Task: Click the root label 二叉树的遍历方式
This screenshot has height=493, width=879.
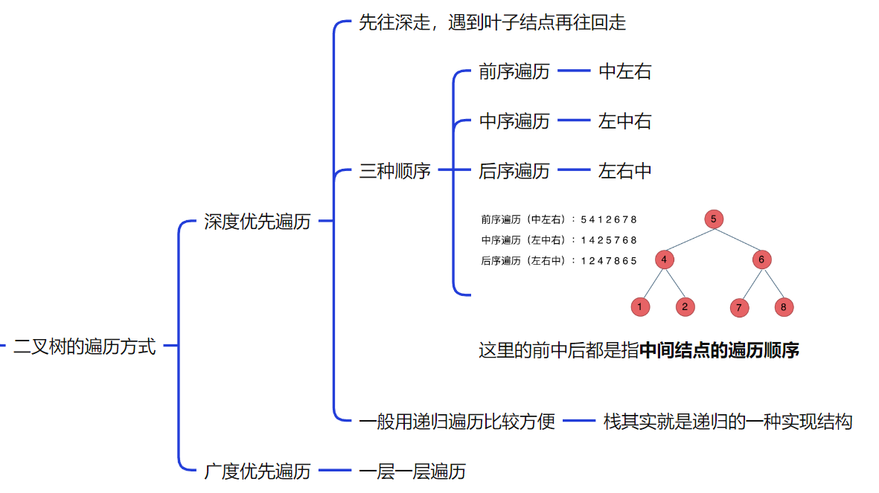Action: click(x=85, y=346)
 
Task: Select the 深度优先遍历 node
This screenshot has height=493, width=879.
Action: click(x=258, y=222)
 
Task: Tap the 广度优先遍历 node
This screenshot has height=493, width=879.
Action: click(x=258, y=471)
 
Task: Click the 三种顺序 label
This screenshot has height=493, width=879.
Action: click(x=395, y=171)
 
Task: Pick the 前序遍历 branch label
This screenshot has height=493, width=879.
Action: click(x=514, y=71)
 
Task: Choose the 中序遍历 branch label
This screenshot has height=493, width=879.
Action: click(x=514, y=121)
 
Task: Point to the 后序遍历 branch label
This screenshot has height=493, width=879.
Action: click(x=514, y=171)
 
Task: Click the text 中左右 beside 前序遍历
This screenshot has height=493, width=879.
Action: click(x=625, y=71)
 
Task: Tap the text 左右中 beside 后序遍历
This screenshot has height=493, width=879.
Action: click(x=625, y=171)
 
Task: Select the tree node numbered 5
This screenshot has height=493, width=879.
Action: click(x=713, y=219)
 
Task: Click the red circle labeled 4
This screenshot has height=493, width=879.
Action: click(x=665, y=260)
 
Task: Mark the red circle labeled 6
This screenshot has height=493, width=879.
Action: click(x=761, y=260)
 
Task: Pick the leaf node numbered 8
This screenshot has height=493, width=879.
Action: click(x=784, y=306)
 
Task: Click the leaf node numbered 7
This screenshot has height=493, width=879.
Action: click(x=739, y=307)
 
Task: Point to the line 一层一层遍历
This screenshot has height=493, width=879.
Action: click(x=412, y=471)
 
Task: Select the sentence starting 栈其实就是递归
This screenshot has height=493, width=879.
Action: click(x=727, y=422)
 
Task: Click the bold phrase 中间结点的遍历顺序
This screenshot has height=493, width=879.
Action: click(x=719, y=350)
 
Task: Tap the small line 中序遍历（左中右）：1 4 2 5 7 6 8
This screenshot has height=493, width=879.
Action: click(x=559, y=240)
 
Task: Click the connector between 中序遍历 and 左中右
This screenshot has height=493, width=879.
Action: click(x=574, y=121)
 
